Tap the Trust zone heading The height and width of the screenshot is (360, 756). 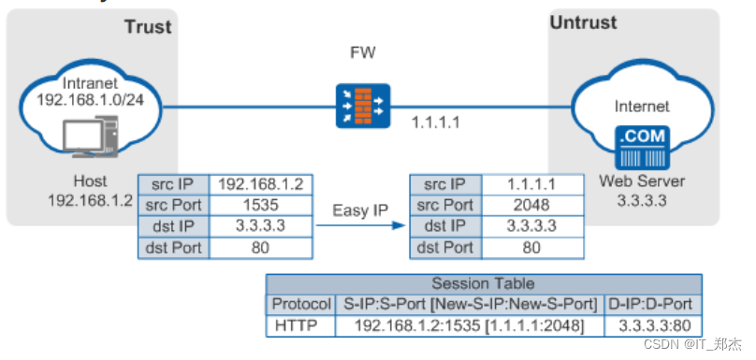tap(148, 26)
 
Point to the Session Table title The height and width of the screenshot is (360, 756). tap(483, 282)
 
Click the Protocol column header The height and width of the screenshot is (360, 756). tap(300, 304)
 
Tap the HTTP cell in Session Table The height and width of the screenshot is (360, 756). tap(300, 326)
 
